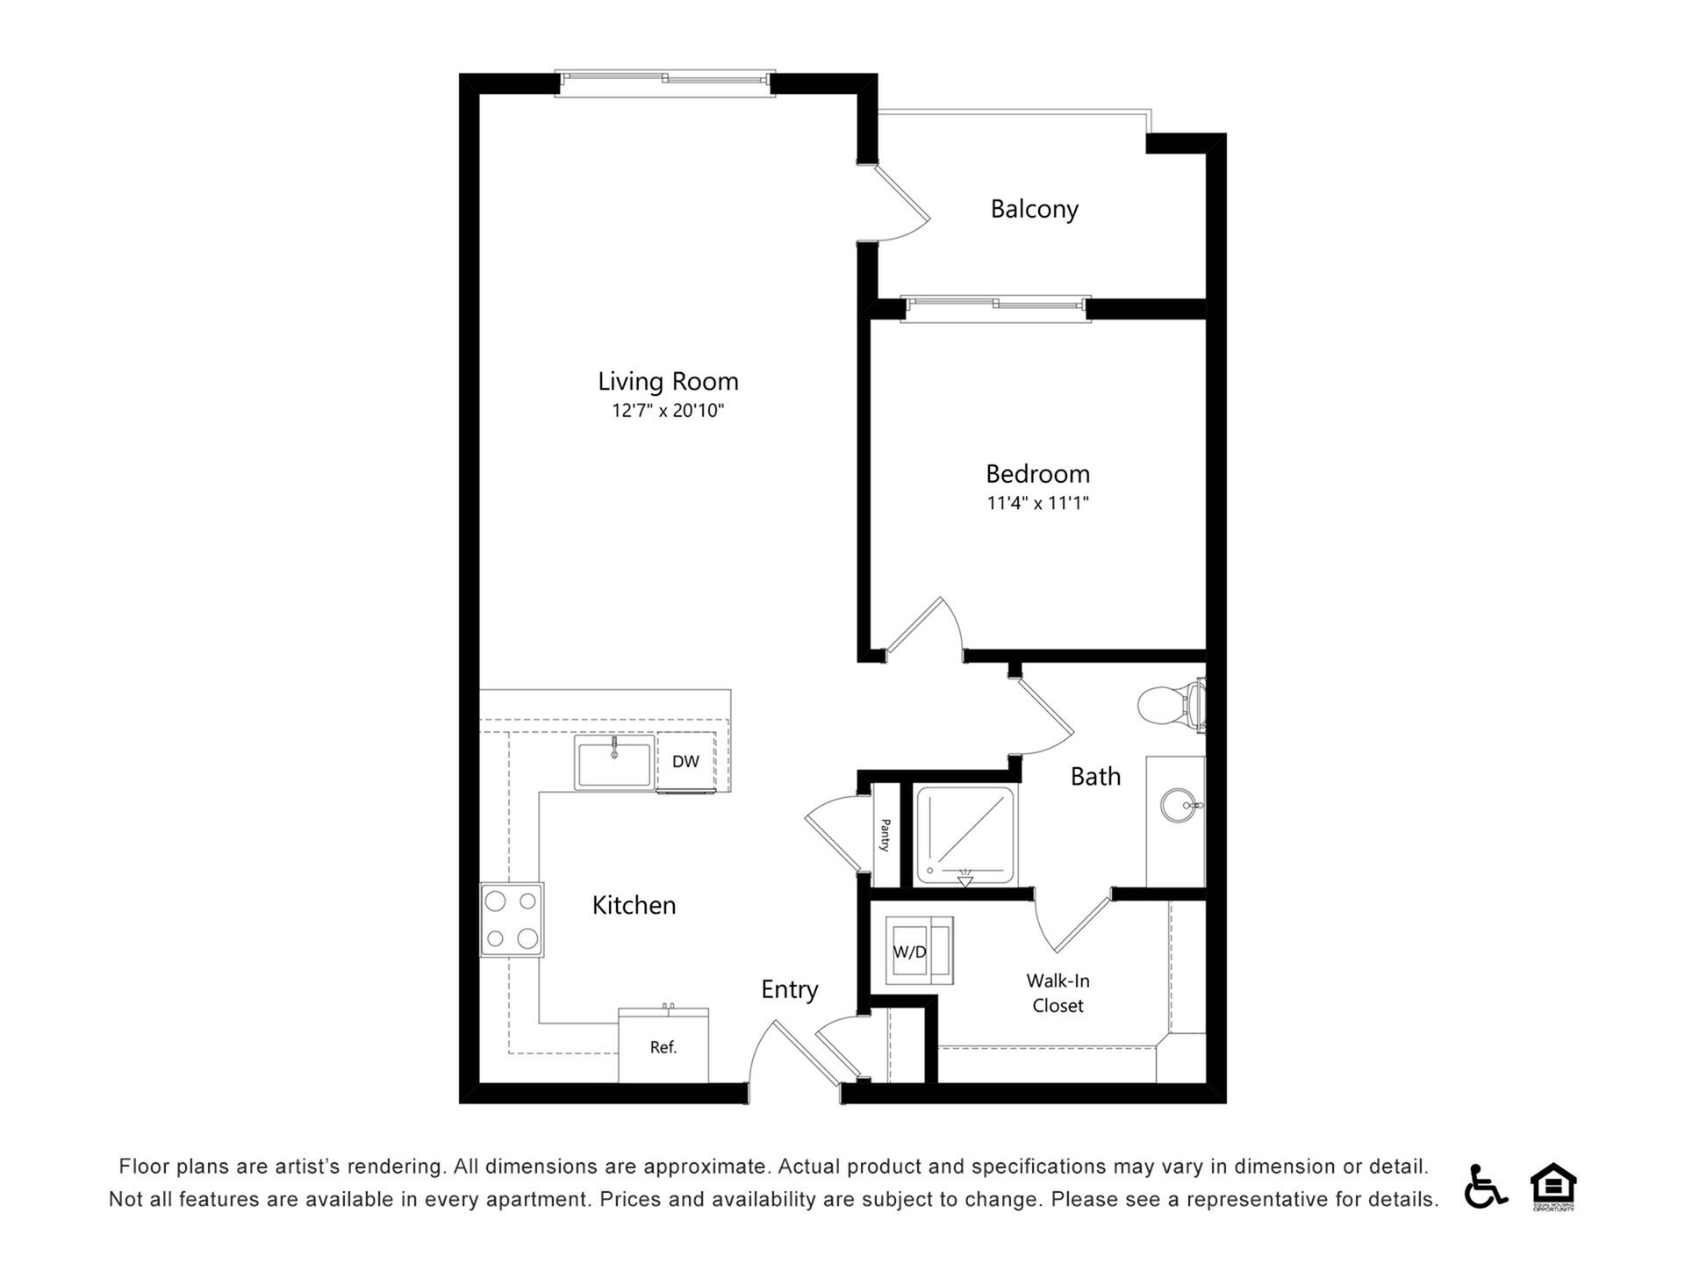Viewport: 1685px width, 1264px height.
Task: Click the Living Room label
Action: [x=668, y=381]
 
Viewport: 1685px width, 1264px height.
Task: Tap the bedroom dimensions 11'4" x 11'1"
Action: [x=1037, y=503]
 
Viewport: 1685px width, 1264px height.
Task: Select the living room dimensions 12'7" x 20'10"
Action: [x=668, y=410]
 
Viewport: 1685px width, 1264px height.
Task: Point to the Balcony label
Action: [x=1034, y=209]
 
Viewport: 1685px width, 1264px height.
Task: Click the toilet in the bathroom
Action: [x=1172, y=704]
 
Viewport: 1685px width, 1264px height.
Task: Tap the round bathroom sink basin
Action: [x=1177, y=805]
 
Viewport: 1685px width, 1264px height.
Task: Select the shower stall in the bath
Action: [x=965, y=835]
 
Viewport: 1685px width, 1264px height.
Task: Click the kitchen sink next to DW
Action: [x=614, y=762]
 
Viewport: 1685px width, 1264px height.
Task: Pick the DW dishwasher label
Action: [x=685, y=761]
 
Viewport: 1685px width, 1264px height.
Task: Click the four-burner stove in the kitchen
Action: [x=512, y=919]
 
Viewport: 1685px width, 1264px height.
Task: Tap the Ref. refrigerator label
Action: [x=663, y=1047]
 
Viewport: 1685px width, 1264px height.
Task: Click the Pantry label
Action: [x=886, y=835]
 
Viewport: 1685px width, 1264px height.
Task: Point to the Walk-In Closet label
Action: [x=1058, y=993]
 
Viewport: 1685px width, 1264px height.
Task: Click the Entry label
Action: [x=789, y=989]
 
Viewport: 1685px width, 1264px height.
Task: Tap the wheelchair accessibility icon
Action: [x=1484, y=1186]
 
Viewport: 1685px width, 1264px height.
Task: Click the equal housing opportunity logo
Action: [x=1553, y=1186]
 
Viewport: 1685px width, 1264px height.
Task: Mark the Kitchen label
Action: [x=634, y=905]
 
